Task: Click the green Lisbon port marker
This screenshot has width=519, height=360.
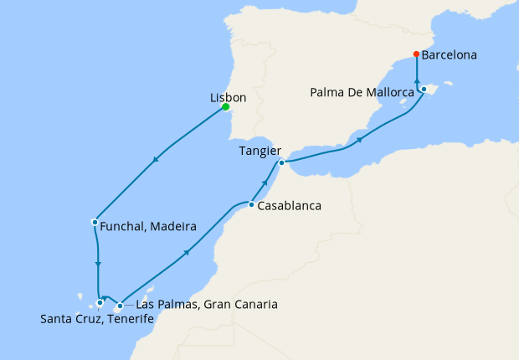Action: (x=226, y=106)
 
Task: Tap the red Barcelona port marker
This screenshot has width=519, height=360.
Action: (x=416, y=56)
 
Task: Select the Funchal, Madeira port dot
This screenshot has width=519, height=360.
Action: (x=94, y=222)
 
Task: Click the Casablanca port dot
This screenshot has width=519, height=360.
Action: (x=251, y=203)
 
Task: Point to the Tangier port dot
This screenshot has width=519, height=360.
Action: (x=282, y=162)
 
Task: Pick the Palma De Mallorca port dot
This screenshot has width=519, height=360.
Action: (x=424, y=89)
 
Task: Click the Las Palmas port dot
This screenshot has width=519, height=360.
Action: (x=120, y=305)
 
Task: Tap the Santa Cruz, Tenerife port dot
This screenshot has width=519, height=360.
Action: (x=100, y=302)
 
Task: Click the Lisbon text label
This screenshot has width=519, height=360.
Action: (x=227, y=97)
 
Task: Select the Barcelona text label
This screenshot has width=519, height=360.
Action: (x=450, y=56)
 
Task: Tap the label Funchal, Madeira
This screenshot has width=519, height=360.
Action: (x=148, y=227)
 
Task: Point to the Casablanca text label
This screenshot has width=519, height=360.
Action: (x=290, y=205)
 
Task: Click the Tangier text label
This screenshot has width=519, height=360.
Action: (x=258, y=151)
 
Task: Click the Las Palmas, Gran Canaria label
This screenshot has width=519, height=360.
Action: (x=206, y=304)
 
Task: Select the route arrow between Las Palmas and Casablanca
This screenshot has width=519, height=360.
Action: (x=184, y=252)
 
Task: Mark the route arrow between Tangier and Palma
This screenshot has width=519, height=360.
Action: (x=359, y=140)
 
